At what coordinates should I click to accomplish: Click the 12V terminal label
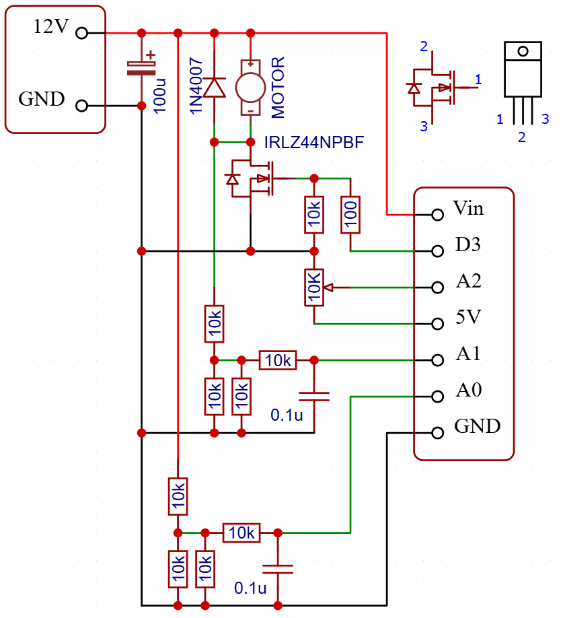point(51,28)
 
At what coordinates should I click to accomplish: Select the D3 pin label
point(467,244)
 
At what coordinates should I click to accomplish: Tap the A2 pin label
point(468,281)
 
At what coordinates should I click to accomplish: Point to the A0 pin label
point(468,390)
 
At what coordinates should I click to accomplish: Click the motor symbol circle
point(250,87)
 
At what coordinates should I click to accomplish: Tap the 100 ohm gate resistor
point(351,215)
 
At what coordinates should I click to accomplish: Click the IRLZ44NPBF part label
point(314,143)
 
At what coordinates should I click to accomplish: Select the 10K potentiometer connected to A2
point(314,287)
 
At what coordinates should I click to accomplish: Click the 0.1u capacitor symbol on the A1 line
point(314,397)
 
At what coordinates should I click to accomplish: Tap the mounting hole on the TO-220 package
point(523,50)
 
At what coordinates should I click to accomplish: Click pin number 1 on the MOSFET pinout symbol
point(478,80)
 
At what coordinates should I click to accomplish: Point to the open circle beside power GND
point(82,106)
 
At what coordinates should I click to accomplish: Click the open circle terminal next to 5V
point(438,324)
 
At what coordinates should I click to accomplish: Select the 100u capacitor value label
point(160,95)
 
